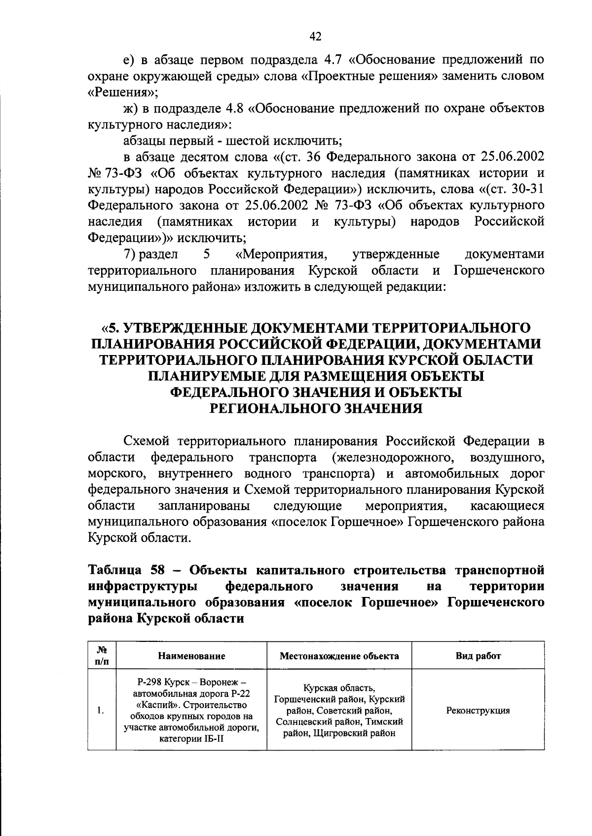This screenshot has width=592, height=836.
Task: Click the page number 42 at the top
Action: pos(316,36)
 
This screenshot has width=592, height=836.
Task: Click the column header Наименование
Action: pos(191,656)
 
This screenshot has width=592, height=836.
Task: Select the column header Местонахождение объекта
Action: pos(339,656)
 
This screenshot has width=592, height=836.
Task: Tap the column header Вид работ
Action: pos(478,656)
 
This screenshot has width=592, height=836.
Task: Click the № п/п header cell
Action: pos(102,656)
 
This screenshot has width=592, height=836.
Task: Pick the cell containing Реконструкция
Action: pos(478,711)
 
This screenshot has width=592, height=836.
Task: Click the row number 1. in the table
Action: pos(101,711)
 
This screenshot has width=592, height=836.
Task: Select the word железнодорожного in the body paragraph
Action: pos(395,457)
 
